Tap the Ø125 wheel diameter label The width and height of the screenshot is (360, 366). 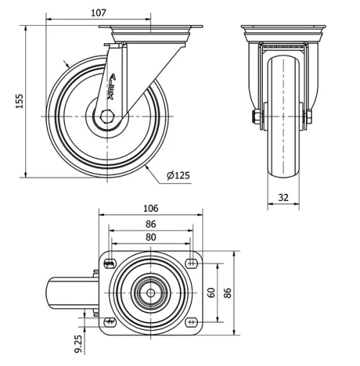click(x=179, y=175)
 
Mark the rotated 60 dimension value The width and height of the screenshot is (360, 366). click(x=212, y=293)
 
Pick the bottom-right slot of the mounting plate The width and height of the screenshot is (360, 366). click(x=191, y=321)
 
